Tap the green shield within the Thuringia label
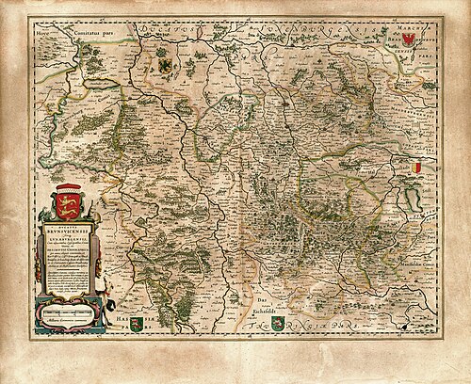277,325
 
